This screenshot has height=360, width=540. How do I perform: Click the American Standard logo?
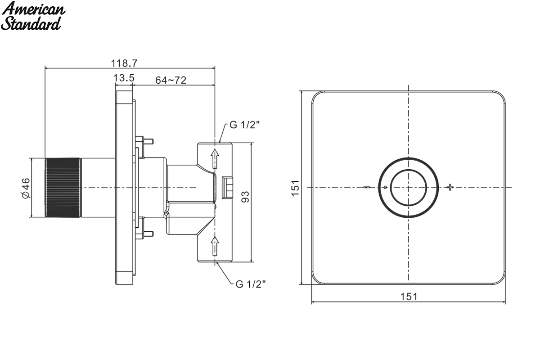pyautogui.click(x=33, y=16)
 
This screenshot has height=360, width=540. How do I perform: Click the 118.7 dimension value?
pyautogui.click(x=124, y=63)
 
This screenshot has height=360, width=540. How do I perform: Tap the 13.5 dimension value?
pyautogui.click(x=124, y=78)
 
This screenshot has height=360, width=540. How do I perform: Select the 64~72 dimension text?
pyautogui.click(x=171, y=80)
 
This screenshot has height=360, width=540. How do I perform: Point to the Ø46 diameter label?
pyautogui.click(x=26, y=188)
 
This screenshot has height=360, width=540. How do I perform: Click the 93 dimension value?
pyautogui.click(x=245, y=197)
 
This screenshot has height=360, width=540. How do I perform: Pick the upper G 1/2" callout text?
pyautogui.click(x=244, y=125)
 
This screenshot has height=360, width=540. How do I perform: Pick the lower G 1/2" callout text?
pyautogui.click(x=251, y=284)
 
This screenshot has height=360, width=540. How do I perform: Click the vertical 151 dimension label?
pyautogui.click(x=295, y=188)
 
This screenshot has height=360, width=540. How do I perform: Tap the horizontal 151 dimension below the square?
pyautogui.click(x=409, y=297)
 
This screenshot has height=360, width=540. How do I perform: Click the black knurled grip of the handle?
pyautogui.click(x=63, y=188)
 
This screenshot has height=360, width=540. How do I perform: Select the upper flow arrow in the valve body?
pyautogui.click(x=215, y=159)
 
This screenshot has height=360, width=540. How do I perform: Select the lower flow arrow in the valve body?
pyautogui.click(x=215, y=246)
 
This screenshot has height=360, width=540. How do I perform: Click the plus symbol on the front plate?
pyautogui.click(x=450, y=187)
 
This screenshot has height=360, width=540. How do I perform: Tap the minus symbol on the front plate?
pyautogui.click(x=367, y=187)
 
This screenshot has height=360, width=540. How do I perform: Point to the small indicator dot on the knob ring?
pyautogui.click(x=385, y=187)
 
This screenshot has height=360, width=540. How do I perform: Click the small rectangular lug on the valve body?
pyautogui.click(x=227, y=188)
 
